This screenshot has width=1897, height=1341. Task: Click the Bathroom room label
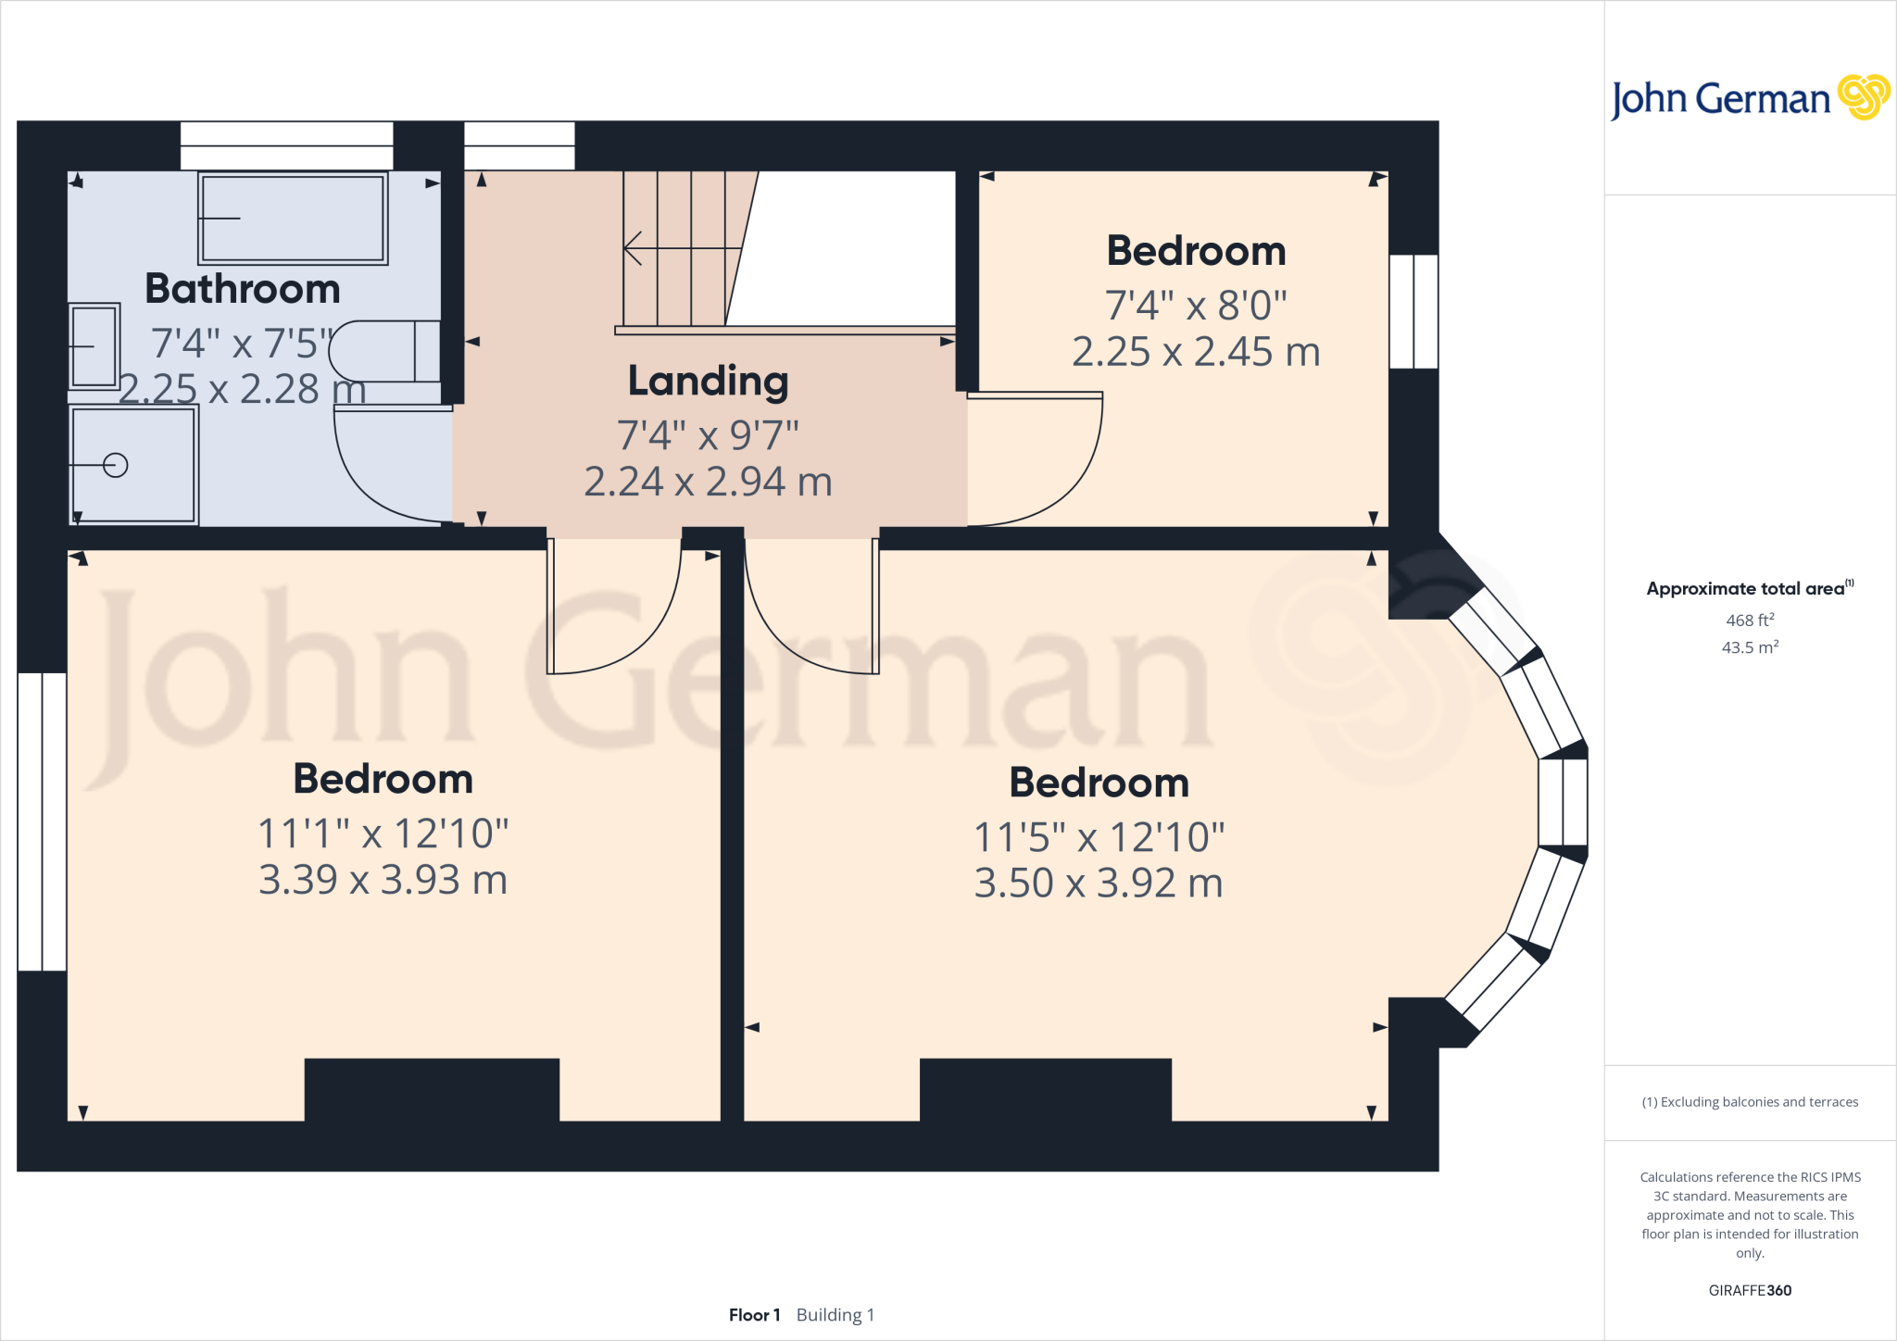[x=243, y=289]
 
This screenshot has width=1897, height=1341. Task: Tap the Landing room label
[x=708, y=381]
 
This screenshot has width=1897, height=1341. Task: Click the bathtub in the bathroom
[x=293, y=219]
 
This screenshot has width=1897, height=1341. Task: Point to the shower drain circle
[x=116, y=465]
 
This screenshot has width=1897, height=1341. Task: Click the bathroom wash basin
[x=94, y=346]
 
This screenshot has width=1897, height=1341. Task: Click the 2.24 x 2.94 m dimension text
[x=708, y=482]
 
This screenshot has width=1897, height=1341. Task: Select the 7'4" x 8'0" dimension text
[x=1196, y=305]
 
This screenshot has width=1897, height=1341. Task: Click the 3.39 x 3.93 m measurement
[x=383, y=880]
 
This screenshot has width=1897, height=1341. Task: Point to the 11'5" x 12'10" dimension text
[x=1099, y=837]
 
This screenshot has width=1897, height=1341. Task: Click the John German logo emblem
[x=1863, y=97]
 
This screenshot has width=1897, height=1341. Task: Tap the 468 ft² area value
[x=1750, y=620]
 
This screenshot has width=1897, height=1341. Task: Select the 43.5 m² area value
[x=1750, y=646]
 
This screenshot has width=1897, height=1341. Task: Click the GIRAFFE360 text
[x=1750, y=1290]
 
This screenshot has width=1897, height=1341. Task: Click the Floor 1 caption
[x=754, y=1315]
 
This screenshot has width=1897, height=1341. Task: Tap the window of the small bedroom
[x=1413, y=311]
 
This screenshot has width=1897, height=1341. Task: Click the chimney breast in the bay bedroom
[x=1045, y=1089]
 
